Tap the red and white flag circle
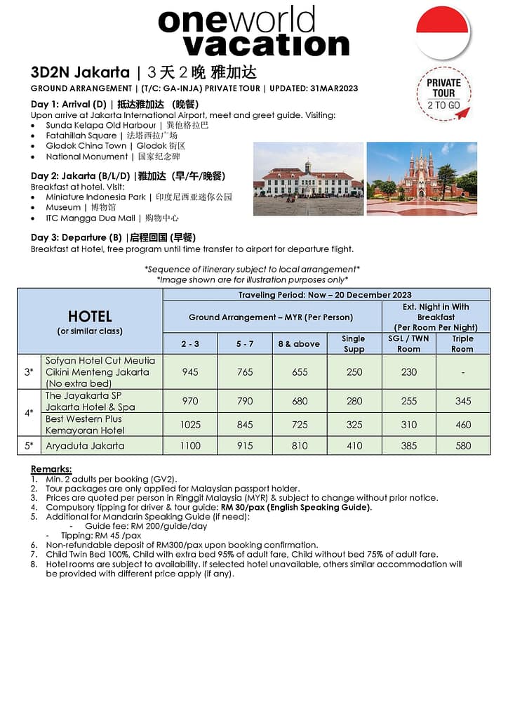pyautogui.click(x=442, y=32)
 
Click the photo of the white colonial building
pyautogui.click(x=308, y=179)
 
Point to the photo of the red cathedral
pyautogui.click(x=421, y=179)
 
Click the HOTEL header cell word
pyautogui.click(x=90, y=316)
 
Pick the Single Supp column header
pyautogui.click(x=354, y=343)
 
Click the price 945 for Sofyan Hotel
pyautogui.click(x=190, y=372)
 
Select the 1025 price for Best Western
pyautogui.click(x=190, y=424)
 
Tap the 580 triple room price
pyautogui.click(x=462, y=446)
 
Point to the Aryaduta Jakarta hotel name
pyautogui.click(x=85, y=446)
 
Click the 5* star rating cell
pyautogui.click(x=29, y=446)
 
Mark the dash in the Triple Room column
pyautogui.click(x=462, y=372)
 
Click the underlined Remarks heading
pyautogui.click(x=51, y=469)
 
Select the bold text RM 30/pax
pyautogui.click(x=246, y=507)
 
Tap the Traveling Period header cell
pyautogui.click(x=325, y=295)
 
